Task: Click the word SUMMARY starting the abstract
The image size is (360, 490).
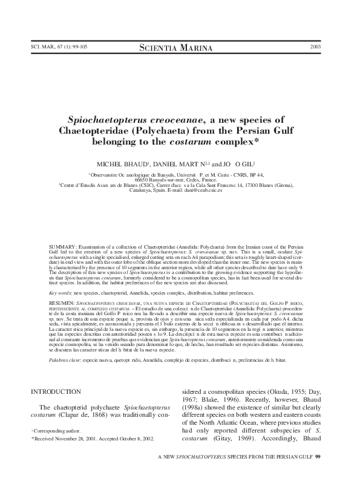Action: click(61, 248)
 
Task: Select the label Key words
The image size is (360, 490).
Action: click(59, 292)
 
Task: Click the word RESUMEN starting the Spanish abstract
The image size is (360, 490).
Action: click(61, 301)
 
